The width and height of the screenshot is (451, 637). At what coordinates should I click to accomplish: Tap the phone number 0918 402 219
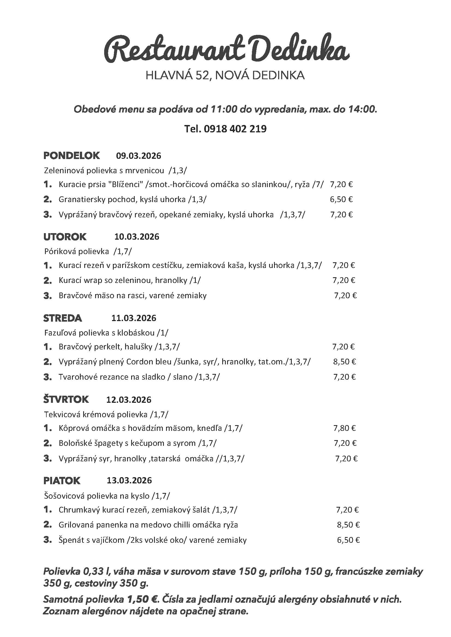pos(235,129)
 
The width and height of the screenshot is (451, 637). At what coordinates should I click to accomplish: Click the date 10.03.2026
pos(137,237)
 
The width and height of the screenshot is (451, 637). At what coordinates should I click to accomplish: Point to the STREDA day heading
pos(62,318)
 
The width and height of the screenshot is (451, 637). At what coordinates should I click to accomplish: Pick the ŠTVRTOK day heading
pos(66,400)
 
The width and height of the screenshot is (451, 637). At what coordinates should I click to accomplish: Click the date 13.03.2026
pos(130,480)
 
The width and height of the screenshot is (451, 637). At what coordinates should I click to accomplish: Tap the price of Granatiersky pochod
pos(341,199)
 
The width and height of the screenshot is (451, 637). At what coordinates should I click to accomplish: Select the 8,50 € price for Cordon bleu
pos(344,362)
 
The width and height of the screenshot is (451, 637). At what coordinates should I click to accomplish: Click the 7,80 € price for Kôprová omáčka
pos(344,428)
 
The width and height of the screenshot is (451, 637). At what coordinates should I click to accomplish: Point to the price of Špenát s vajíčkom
pos(348,540)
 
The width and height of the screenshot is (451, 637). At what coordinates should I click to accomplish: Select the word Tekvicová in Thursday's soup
pos(62,414)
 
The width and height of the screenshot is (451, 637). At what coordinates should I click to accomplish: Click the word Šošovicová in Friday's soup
pos(64,496)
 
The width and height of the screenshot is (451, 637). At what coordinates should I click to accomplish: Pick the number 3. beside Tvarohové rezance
pos(47,377)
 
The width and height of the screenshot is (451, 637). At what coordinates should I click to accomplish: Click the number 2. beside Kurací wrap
pos(47,281)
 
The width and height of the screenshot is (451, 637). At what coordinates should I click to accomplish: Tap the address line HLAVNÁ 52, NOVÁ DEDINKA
pos(225,75)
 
